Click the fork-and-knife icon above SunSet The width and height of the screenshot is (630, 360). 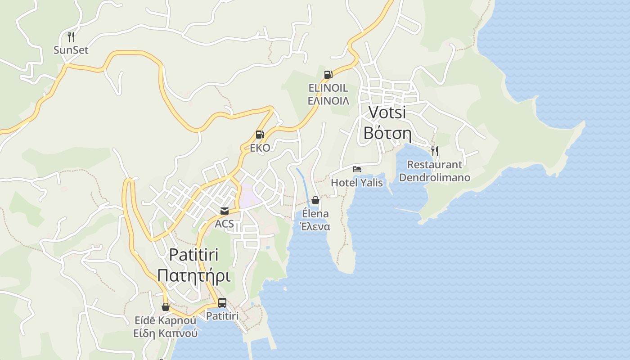point(71,36)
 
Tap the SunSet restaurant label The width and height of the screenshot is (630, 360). point(71,50)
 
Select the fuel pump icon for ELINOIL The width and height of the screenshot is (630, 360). point(328,75)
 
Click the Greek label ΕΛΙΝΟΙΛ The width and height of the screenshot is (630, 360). point(328,100)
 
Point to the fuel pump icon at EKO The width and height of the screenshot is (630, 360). point(260,135)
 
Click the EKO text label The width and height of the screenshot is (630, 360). point(260,148)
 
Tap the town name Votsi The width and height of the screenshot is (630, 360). point(387,112)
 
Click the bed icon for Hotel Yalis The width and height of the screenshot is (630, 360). point(357,169)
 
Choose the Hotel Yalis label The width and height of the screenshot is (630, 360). point(357,183)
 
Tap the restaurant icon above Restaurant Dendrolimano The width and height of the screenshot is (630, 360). point(434,151)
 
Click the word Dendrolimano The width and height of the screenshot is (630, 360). point(434,178)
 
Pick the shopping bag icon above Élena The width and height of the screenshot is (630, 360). point(315,200)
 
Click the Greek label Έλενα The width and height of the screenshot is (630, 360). point(315,226)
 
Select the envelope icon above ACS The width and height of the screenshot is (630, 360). point(224,211)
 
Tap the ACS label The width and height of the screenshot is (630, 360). point(224,224)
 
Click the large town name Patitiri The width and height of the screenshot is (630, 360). point(194,255)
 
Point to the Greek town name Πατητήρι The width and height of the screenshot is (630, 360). point(194,275)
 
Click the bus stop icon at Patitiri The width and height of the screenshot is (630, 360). point(222,303)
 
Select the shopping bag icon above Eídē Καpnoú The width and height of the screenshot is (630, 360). point(166,307)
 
